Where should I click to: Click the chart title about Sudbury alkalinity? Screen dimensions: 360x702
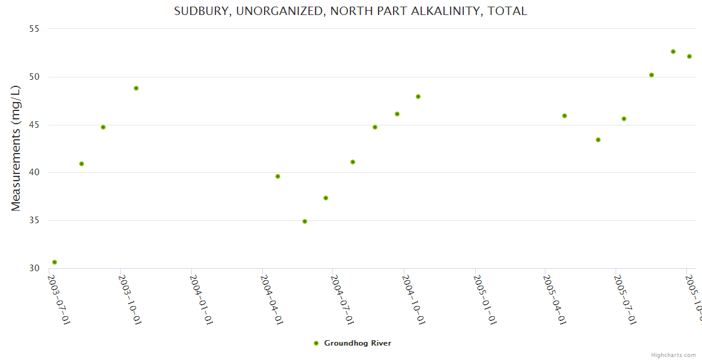pyautogui.click(x=350, y=11)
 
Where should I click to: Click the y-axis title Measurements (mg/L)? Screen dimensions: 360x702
pyautogui.click(x=16, y=148)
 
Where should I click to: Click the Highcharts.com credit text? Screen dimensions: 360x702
pyautogui.click(x=673, y=355)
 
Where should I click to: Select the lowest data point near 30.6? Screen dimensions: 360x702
pyautogui.click(x=55, y=262)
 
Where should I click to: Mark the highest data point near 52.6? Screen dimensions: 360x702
pyautogui.click(x=673, y=52)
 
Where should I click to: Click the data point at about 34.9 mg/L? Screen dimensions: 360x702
pyautogui.click(x=305, y=221)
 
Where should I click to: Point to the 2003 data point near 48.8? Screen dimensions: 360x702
pyautogui.click(x=136, y=88)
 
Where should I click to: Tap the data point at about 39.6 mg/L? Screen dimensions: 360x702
pyautogui.click(x=278, y=176)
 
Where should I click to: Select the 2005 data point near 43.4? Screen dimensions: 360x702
pyautogui.click(x=598, y=140)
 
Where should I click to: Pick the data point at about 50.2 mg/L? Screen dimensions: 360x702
pyautogui.click(x=652, y=75)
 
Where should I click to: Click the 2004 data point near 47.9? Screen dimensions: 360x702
pyautogui.click(x=418, y=97)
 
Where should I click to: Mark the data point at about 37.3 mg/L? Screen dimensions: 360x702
pyautogui.click(x=326, y=198)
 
